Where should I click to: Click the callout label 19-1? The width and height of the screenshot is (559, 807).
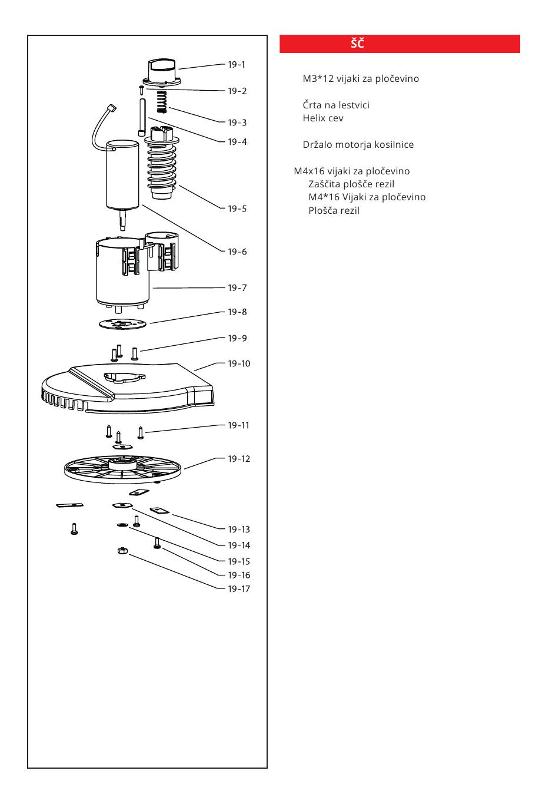pos(237,65)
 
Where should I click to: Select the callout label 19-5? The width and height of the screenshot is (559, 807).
pos(237,209)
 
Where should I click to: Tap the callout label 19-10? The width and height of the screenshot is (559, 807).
pos(239,363)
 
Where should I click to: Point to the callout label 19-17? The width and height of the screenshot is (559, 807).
pos(239,589)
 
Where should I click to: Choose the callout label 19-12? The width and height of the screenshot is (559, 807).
pos(239,459)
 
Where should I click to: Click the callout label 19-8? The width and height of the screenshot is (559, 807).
pos(237,312)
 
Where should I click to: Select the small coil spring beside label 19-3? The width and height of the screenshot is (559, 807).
pos(162,102)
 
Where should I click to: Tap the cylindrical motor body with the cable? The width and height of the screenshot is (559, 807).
pos(124,175)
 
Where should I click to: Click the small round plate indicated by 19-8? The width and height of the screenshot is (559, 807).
pos(122,323)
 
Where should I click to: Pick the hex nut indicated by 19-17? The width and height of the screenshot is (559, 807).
pos(122,551)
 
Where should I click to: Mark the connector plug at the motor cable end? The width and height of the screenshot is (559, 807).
pos(109,108)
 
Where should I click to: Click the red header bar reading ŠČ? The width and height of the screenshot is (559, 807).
pos(400,44)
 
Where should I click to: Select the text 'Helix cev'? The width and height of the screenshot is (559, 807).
pos(323,118)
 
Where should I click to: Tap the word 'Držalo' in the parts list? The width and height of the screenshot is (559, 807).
pos(317,144)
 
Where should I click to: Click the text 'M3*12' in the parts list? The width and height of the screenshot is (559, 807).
pos(318,78)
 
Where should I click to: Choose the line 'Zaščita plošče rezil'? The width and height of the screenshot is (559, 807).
pos(351,184)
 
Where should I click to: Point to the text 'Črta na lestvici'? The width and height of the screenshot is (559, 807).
pos(336,105)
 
